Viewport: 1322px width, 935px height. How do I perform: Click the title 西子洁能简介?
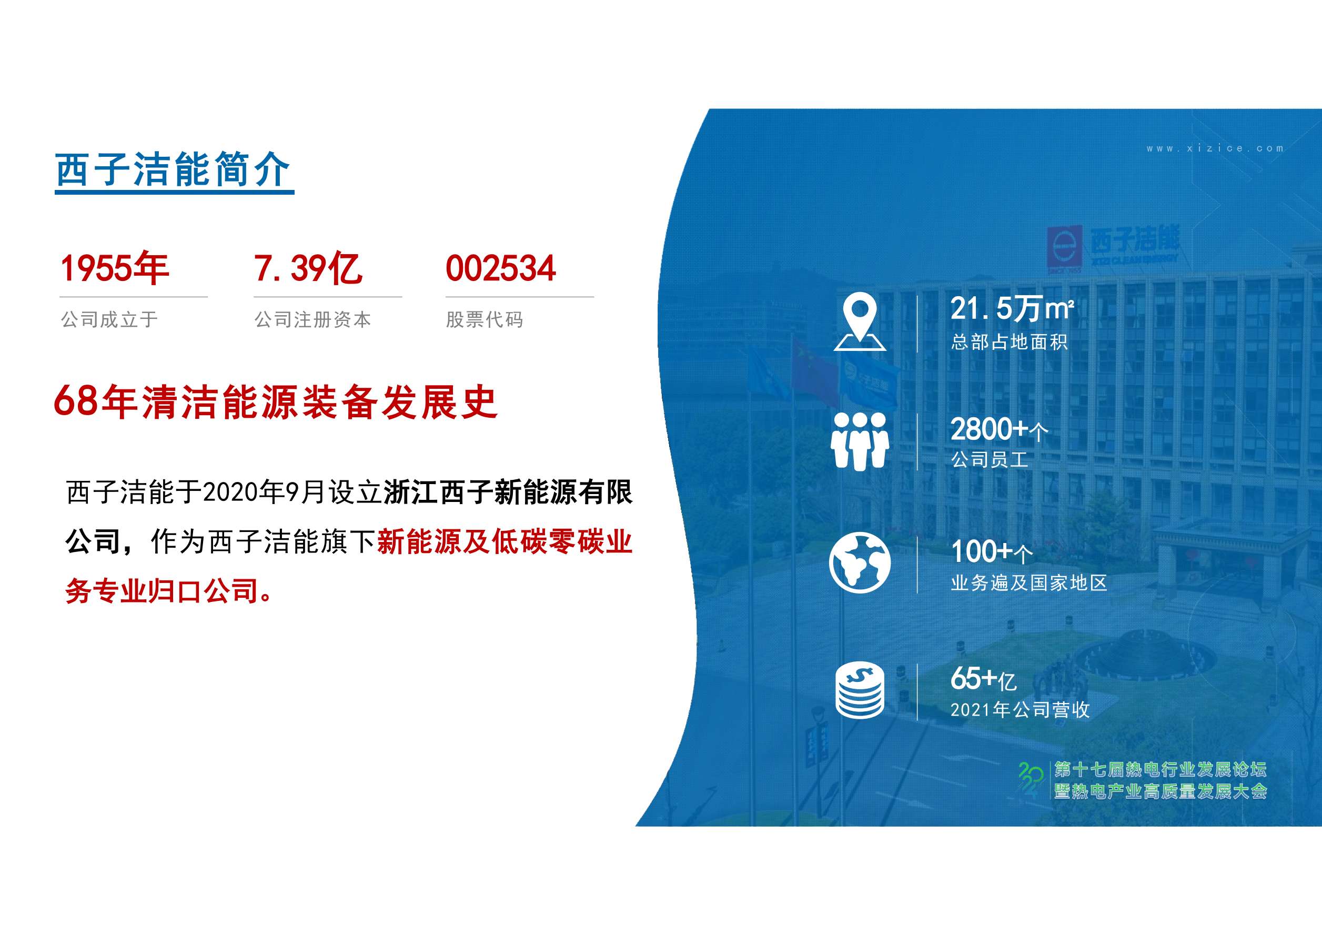pyautogui.click(x=173, y=170)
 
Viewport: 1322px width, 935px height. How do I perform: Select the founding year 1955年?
pyautogui.click(x=115, y=268)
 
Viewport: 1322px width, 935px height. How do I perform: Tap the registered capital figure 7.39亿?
pyautogui.click(x=308, y=268)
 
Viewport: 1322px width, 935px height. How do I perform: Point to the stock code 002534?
pyautogui.click(x=500, y=268)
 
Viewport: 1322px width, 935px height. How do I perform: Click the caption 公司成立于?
pyautogui.click(x=109, y=319)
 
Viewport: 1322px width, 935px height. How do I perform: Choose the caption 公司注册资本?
pyautogui.click(x=312, y=319)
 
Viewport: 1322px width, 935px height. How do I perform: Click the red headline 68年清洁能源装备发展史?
pyautogui.click(x=275, y=401)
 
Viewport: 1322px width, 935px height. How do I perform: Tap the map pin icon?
pyautogui.click(x=860, y=322)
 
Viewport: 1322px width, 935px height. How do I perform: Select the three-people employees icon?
pyautogui.click(x=860, y=441)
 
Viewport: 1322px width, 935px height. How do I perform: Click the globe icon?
pyautogui.click(x=860, y=563)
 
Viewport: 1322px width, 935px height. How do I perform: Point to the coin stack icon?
pyautogui.click(x=860, y=690)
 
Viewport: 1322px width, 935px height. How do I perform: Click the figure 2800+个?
pyautogui.click(x=999, y=429)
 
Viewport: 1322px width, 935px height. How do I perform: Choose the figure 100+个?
pyautogui.click(x=992, y=551)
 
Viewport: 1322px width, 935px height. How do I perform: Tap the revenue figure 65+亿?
pyautogui.click(x=983, y=678)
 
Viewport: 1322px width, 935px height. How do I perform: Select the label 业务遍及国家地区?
pyautogui.click(x=1029, y=583)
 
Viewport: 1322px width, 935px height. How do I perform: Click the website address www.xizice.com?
pyautogui.click(x=1215, y=148)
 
